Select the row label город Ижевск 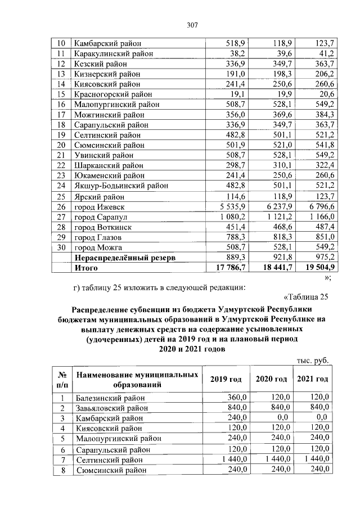[99, 207]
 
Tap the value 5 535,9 [230, 207]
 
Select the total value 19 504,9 [317, 268]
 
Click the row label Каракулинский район [110, 53]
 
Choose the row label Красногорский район [113, 94]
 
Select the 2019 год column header [226, 379]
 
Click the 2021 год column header [312, 379]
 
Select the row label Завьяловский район [111, 408]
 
